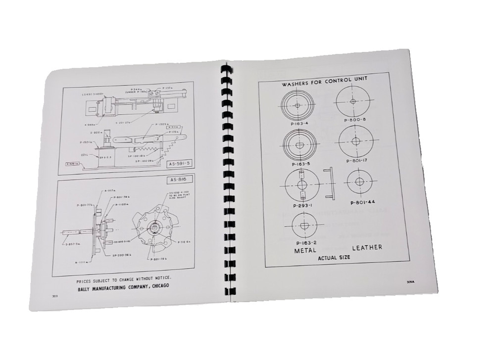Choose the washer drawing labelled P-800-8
pyautogui.click(x=353, y=102)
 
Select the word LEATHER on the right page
pyautogui.click(x=367, y=247)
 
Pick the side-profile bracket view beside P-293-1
pyautogui.click(x=328, y=183)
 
